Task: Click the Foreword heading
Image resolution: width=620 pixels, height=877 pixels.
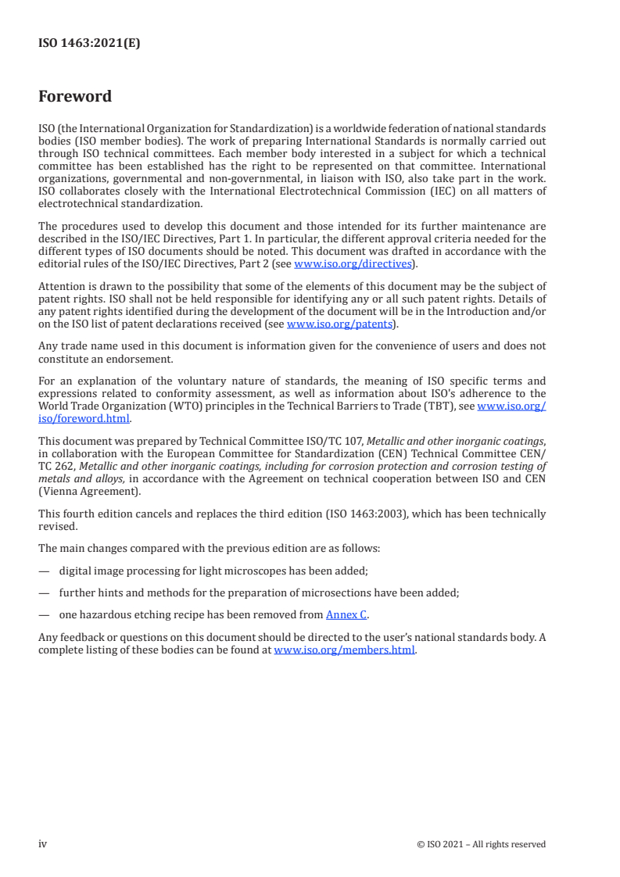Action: pyautogui.click(x=75, y=97)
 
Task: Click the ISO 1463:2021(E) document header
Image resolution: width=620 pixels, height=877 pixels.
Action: pyautogui.click(x=89, y=44)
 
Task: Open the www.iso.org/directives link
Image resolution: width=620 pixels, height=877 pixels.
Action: pyautogui.click(x=352, y=264)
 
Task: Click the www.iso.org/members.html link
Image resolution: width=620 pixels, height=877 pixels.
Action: pyautogui.click(x=344, y=650)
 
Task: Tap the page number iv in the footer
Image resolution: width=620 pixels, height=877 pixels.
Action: pyautogui.click(x=43, y=844)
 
